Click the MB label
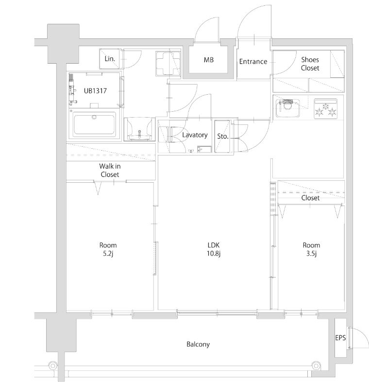coord(208,60)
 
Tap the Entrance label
coord(252,61)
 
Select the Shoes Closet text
coord(310,64)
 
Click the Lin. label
coord(110,59)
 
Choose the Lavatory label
coord(195,135)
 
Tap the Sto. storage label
coord(222,136)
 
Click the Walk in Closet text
coord(110,170)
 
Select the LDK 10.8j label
coord(213,249)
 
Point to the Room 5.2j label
coord(107,249)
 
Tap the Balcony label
coord(198,344)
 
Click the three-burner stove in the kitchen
coord(326,108)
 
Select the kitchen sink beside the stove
coord(287,108)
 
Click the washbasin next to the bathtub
coord(139,129)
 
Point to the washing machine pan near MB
coord(166,64)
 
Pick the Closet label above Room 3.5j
coord(310,198)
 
